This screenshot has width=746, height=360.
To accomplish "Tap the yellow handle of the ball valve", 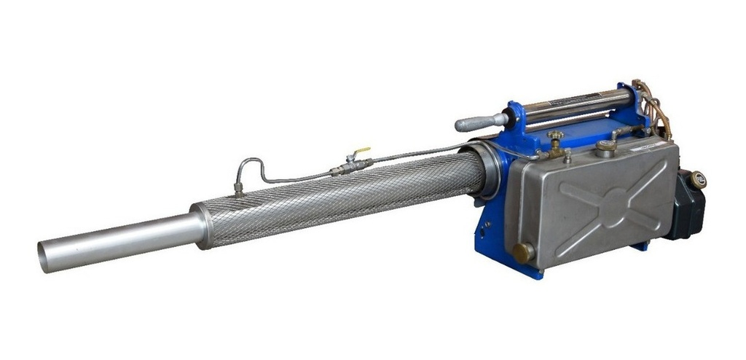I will pyautogui.click(x=362, y=152).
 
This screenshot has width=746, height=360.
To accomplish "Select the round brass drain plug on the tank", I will pyautogui.click(x=522, y=253).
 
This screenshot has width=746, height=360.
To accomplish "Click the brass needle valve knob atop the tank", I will pyautogui.click(x=556, y=137).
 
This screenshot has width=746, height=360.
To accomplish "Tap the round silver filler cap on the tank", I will pyautogui.click(x=605, y=146).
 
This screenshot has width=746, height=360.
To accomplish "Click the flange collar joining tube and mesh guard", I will pyautogui.click(x=201, y=226).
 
